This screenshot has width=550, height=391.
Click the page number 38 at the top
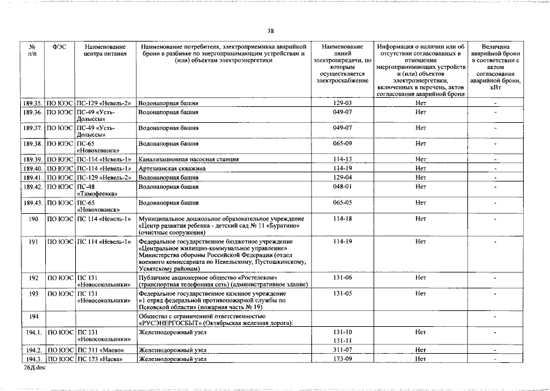pyautogui.click(x=270, y=31)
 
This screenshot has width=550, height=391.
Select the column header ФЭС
pyautogui.click(x=60, y=47)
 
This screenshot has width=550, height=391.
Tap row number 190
pyautogui.click(x=34, y=218)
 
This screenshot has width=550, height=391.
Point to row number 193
pyautogui.click(x=34, y=293)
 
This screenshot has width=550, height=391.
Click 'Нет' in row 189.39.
pyautogui.click(x=420, y=159)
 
